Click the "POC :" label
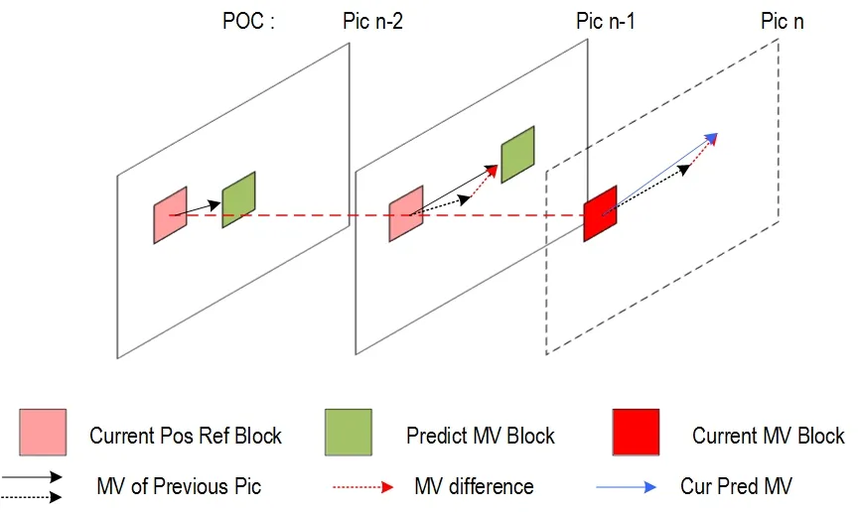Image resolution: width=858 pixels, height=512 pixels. pyautogui.click(x=248, y=22)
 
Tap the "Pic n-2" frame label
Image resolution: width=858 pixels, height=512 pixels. pyautogui.click(x=372, y=22)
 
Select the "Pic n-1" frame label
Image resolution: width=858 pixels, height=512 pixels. pyautogui.click(x=605, y=22)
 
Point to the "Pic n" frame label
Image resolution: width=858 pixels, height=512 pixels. pyautogui.click(x=782, y=22)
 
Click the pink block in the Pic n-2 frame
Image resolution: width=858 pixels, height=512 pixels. pyautogui.click(x=170, y=215)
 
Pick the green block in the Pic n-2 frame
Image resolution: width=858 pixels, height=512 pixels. pyautogui.click(x=238, y=199)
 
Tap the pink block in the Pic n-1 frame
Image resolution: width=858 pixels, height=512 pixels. pyautogui.click(x=406, y=214)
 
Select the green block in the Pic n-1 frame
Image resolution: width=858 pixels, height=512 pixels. pyautogui.click(x=517, y=154)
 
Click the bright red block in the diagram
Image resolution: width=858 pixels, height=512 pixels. pyautogui.click(x=600, y=213)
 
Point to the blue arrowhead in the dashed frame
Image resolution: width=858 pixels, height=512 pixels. pyautogui.click(x=711, y=138)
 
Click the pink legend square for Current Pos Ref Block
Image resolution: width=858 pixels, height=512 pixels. pyautogui.click(x=43, y=433)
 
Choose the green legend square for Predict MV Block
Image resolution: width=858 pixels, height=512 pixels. pyautogui.click(x=349, y=433)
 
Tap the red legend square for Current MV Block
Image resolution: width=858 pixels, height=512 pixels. pyautogui.click(x=636, y=433)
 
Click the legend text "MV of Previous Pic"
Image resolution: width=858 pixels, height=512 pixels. pyautogui.click(x=179, y=486)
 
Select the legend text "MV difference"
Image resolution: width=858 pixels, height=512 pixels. pyautogui.click(x=474, y=486)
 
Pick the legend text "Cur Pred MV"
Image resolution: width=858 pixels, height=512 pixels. pyautogui.click(x=736, y=486)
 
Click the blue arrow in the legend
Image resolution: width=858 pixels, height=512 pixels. pyautogui.click(x=626, y=487)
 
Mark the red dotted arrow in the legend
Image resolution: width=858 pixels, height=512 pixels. pyautogui.click(x=362, y=487)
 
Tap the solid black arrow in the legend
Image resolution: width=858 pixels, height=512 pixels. pyautogui.click(x=32, y=477)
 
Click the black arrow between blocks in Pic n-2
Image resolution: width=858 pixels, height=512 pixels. pyautogui.click(x=195, y=209)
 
